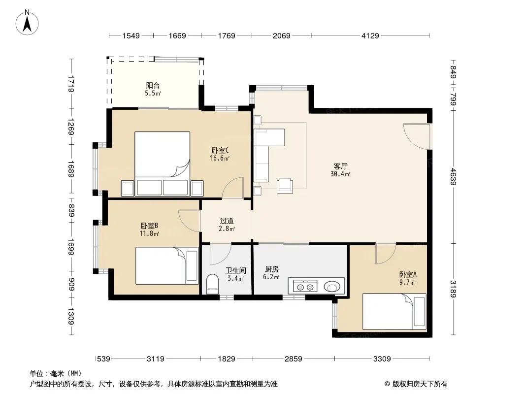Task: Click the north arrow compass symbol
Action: point(27,23)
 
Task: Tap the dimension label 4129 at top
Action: point(370,36)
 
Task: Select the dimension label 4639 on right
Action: point(453,176)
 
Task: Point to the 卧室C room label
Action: point(220,151)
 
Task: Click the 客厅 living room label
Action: point(340,166)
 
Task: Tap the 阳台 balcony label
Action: point(153,86)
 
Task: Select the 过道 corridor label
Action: point(227,221)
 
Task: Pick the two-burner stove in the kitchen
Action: point(305,287)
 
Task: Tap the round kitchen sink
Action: point(332,287)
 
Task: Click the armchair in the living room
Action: point(285,186)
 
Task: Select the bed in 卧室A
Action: point(394,312)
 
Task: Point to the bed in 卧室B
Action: point(167,266)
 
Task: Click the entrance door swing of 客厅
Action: point(416,136)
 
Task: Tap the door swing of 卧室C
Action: point(232,188)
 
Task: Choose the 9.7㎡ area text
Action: point(407,283)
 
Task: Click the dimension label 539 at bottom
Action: point(103,359)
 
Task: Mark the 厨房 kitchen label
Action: point(271,269)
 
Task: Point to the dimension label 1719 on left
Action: point(70,84)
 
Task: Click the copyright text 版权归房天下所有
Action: point(420,384)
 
